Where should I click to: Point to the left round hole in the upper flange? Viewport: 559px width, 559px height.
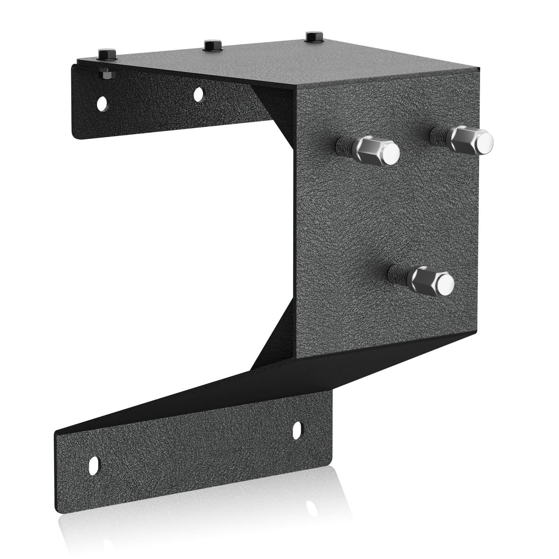tap(102, 103)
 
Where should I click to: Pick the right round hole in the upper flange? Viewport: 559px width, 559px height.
tap(198, 94)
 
